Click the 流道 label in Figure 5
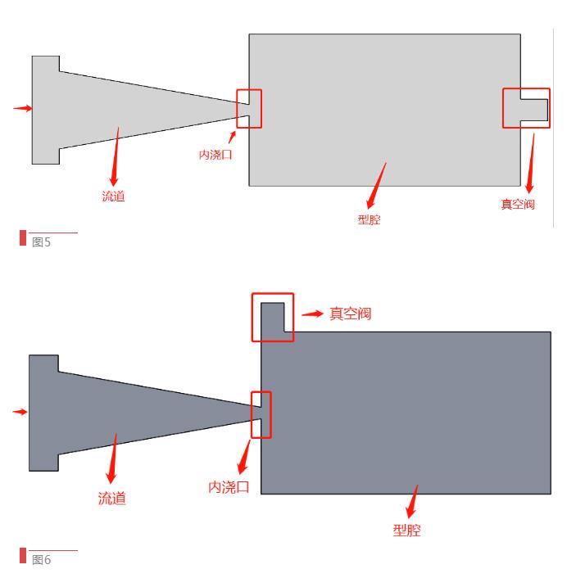[x=113, y=196]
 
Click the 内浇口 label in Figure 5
[x=215, y=154]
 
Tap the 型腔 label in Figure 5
[x=369, y=219]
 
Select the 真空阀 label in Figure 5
[x=518, y=204]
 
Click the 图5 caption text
[x=41, y=242]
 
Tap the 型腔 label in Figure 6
[x=406, y=530]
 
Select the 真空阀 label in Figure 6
[x=351, y=314]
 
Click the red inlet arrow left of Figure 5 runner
[x=23, y=108]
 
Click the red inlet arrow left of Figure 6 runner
[x=20, y=412]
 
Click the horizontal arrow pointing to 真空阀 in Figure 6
[x=312, y=314]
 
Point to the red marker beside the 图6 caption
[x=23, y=556]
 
